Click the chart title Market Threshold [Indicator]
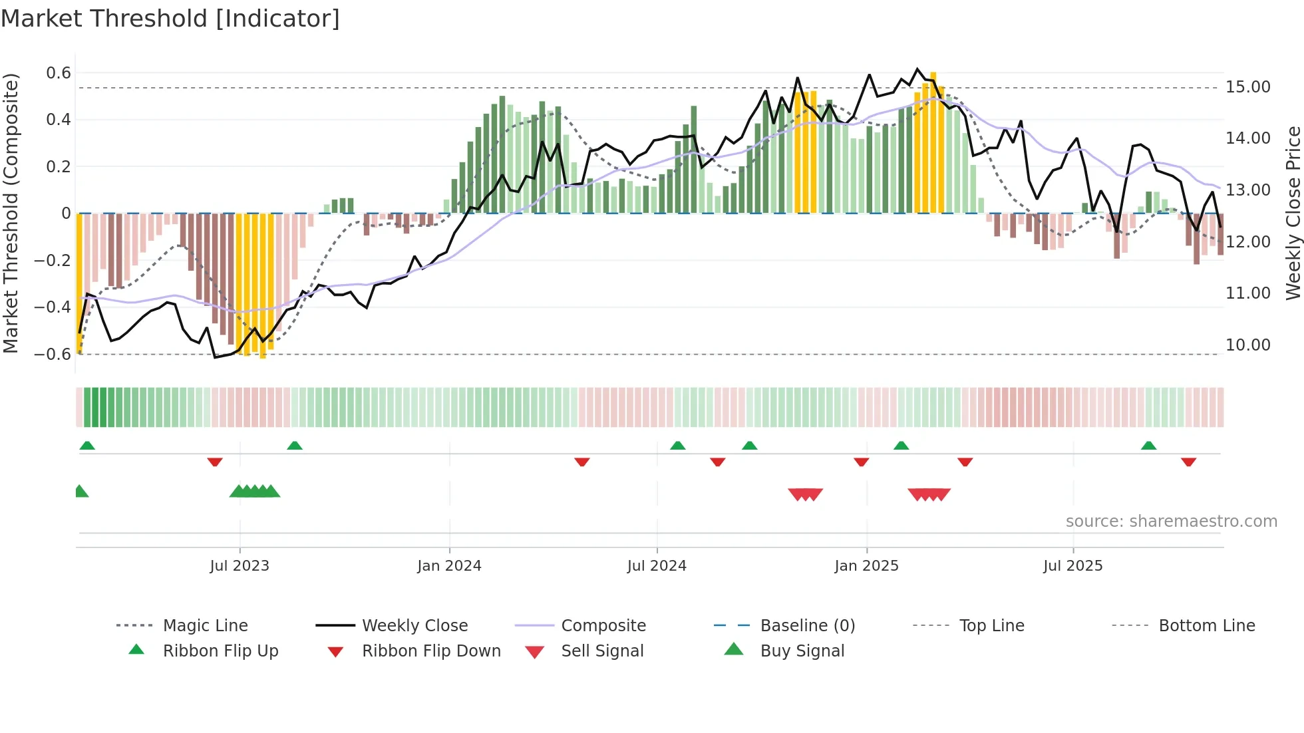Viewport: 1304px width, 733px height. (170, 19)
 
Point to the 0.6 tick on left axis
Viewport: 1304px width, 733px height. (58, 73)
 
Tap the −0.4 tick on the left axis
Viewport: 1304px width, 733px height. (53, 307)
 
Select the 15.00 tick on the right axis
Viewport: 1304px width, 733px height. (1247, 87)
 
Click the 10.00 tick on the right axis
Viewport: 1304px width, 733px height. (1247, 345)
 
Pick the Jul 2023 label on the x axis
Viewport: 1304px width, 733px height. (240, 566)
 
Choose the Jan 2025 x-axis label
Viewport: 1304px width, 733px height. (866, 566)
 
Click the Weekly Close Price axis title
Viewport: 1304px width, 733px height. (1293, 213)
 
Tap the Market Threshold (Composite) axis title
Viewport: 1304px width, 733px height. (11, 213)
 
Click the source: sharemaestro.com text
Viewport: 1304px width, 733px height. (1171, 521)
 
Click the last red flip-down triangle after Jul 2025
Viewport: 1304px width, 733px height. (1188, 462)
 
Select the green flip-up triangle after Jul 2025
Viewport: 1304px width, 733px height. (1148, 446)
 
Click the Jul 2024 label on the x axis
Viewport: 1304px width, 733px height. (657, 566)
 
